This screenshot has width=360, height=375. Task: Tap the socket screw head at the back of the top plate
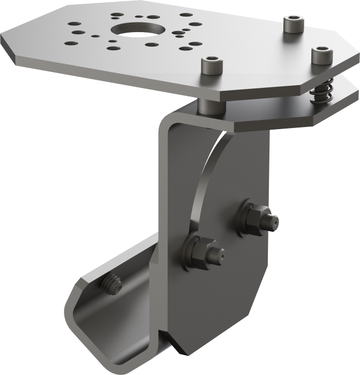point(293,23)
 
